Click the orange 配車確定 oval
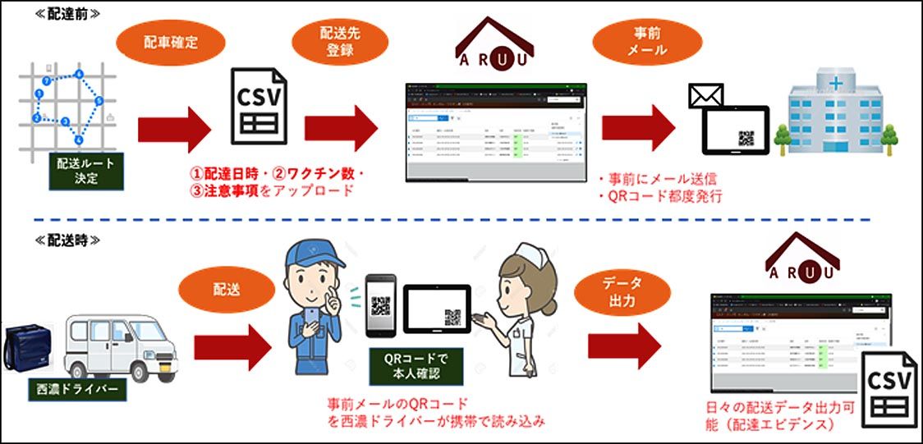tap(168, 42)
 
